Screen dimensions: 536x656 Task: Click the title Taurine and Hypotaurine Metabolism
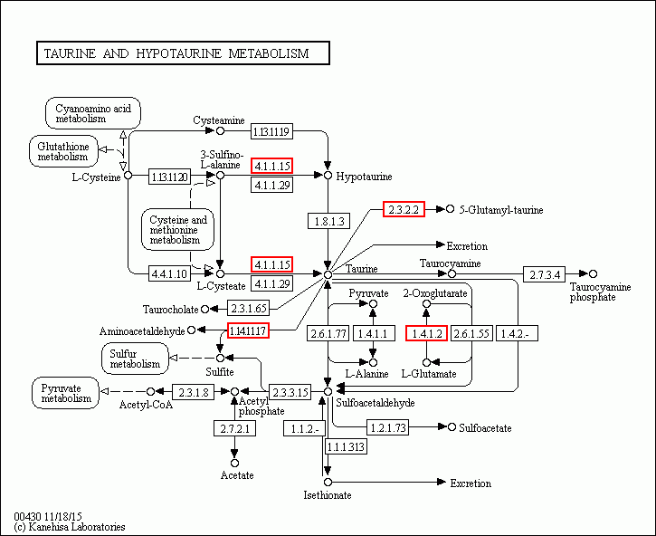click(x=182, y=53)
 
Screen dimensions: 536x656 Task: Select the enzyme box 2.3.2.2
click(x=404, y=209)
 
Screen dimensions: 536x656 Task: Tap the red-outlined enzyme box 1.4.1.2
click(x=426, y=334)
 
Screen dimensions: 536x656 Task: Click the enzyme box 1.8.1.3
click(x=328, y=221)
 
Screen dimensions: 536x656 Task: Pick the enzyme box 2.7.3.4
click(x=545, y=273)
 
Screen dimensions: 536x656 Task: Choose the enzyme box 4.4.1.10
click(x=169, y=273)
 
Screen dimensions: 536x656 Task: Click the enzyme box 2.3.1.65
click(x=248, y=309)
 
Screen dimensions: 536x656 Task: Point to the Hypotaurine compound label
click(x=363, y=177)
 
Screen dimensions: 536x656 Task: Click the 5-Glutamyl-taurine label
click(x=500, y=210)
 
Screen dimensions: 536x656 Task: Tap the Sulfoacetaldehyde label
click(x=375, y=402)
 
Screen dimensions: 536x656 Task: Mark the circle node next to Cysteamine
click(x=220, y=131)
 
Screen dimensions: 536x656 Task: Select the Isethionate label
click(x=327, y=495)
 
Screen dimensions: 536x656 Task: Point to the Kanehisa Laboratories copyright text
click(x=69, y=526)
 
